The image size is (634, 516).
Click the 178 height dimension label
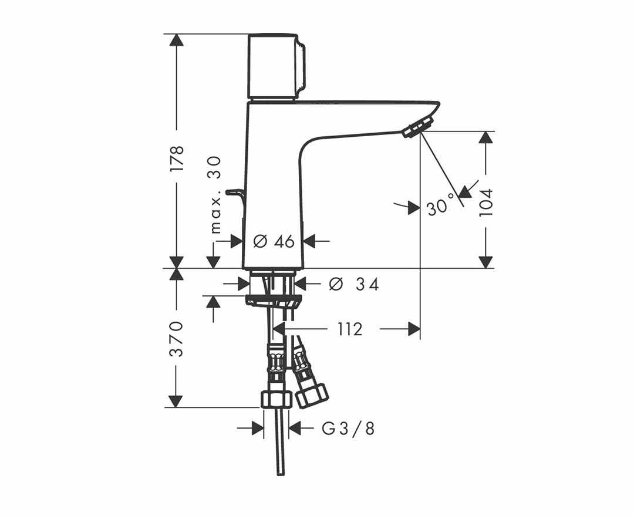click(x=177, y=158)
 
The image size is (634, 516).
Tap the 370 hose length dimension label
click(x=176, y=339)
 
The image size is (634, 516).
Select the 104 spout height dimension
click(x=486, y=202)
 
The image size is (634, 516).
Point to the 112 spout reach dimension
click(x=350, y=329)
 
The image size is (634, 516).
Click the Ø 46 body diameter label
click(x=274, y=241)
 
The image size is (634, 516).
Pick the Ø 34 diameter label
click(x=354, y=284)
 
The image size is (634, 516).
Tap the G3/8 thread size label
click(x=348, y=429)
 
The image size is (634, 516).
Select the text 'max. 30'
click(x=216, y=195)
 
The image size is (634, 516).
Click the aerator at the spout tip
click(x=419, y=127)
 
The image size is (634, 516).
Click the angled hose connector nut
click(x=311, y=396)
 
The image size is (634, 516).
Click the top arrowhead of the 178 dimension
click(x=176, y=41)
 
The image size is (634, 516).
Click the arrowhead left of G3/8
click(x=258, y=428)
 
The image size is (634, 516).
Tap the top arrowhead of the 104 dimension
click(x=486, y=137)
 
